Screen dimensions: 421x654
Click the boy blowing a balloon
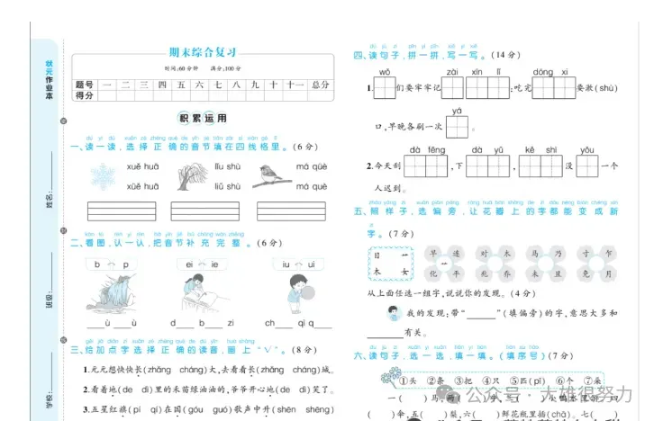click(x=297, y=293)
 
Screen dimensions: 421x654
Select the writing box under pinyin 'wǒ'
click(x=385, y=88)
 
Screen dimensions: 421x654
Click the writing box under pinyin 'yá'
click(x=457, y=128)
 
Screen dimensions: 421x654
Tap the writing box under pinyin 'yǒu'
click(x=587, y=166)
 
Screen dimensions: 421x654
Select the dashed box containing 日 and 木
click(x=390, y=263)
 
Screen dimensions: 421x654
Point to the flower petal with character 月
click(x=610, y=273)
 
